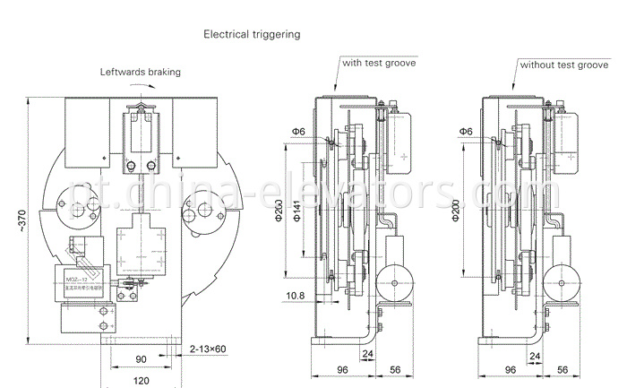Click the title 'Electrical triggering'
pyautogui.click(x=251, y=35)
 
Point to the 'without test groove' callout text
pyautogui.click(x=564, y=65)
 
